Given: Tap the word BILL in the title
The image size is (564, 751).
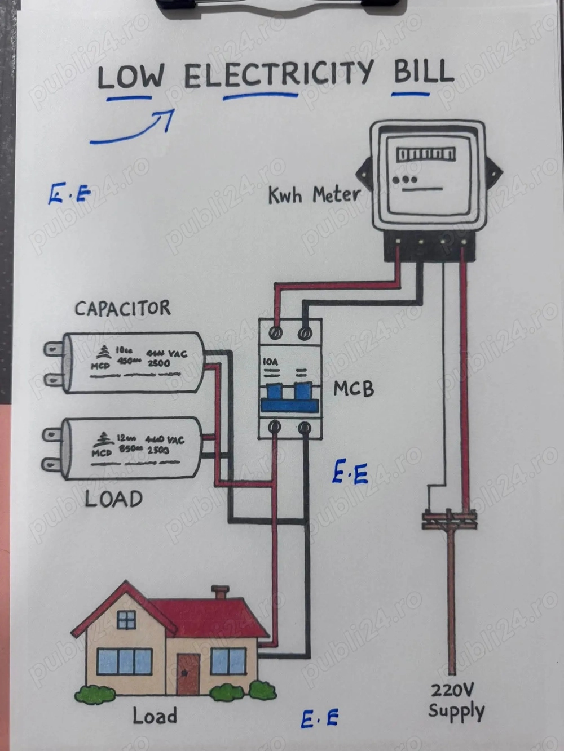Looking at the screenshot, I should tap(423, 72).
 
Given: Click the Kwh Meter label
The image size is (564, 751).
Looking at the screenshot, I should tap(314, 195).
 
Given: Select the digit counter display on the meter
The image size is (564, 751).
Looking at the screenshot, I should tap(426, 154).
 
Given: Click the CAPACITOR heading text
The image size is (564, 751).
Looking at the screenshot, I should tap(122, 308).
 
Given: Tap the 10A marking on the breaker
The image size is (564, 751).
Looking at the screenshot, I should tap(271, 362).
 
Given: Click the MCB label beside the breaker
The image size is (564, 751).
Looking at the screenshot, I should tap(353, 389).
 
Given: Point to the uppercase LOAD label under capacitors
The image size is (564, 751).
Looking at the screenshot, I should tap(113, 499).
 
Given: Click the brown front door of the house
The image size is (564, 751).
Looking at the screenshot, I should tap(188, 674).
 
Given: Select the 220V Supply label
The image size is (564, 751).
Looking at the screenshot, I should tap(456, 701).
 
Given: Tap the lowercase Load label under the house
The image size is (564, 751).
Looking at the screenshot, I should tap(155, 716).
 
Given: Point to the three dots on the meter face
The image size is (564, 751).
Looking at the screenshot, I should tap(405, 180).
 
